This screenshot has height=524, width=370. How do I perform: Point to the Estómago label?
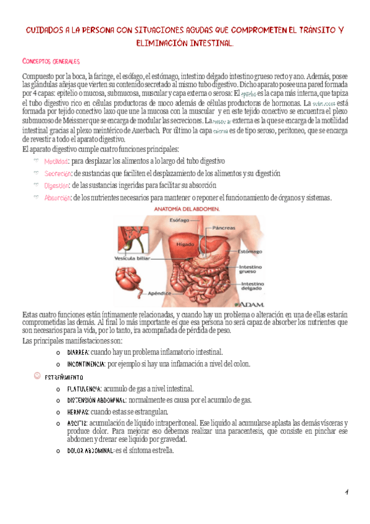coord(250,251)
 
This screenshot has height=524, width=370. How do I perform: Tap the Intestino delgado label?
coord(253,286)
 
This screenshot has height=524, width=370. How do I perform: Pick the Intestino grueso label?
coord(253,269)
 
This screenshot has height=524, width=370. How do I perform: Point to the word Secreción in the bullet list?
coord(57,174)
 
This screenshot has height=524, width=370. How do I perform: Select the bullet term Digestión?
coord(57,185)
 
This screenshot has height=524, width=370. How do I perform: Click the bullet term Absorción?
coord(57,198)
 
